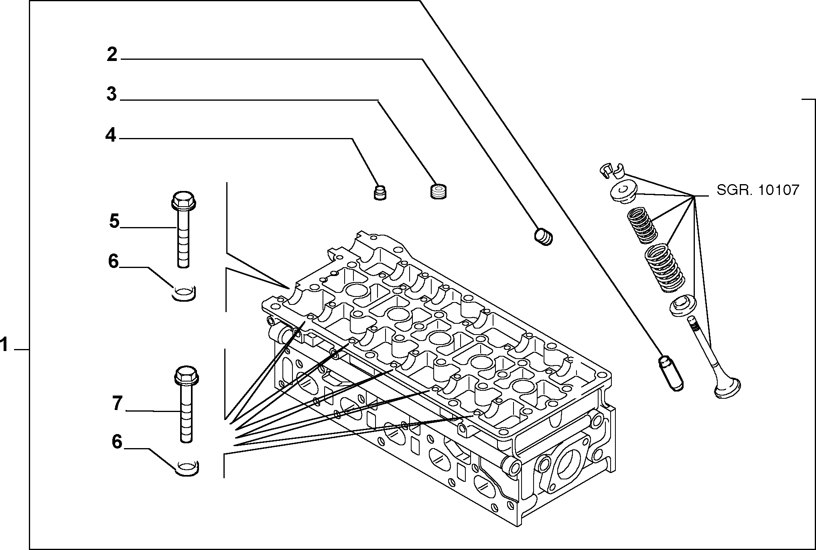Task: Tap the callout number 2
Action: pyautogui.click(x=112, y=54)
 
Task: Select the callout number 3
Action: pyautogui.click(x=112, y=94)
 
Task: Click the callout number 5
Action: pyautogui.click(x=115, y=221)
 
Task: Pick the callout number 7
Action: pyautogui.click(x=117, y=403)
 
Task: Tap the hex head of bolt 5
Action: pyautogui.click(x=183, y=200)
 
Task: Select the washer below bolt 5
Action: pyautogui.click(x=183, y=293)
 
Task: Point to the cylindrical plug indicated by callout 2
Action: pyautogui.click(x=544, y=236)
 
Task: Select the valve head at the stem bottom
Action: pyautogui.click(x=727, y=388)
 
